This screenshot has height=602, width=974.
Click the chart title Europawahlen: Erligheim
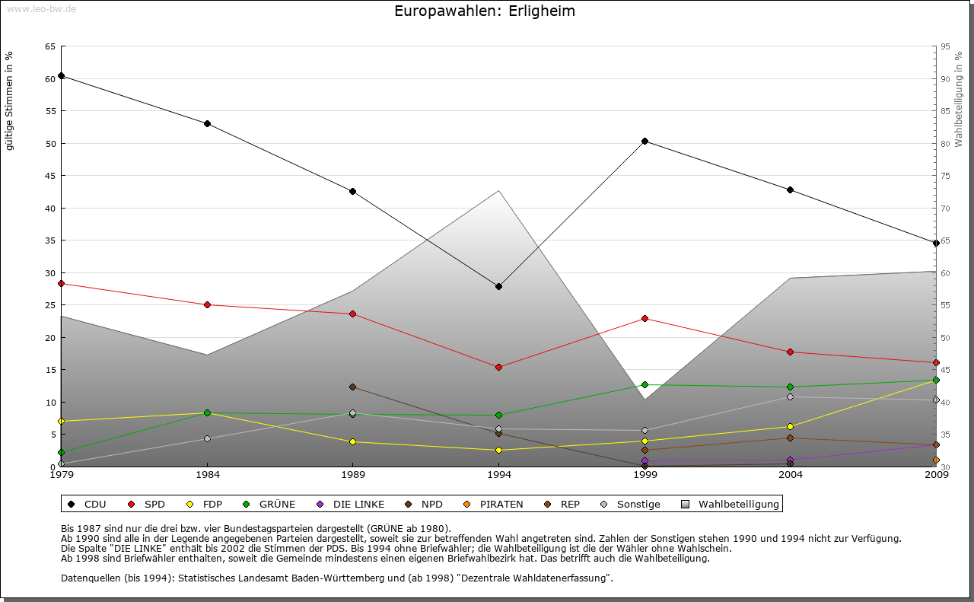pyautogui.click(x=485, y=11)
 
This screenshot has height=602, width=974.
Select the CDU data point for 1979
pyautogui.click(x=61, y=76)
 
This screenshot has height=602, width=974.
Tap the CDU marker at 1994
pyautogui.click(x=498, y=286)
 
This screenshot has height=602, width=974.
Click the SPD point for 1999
pyautogui.click(x=645, y=318)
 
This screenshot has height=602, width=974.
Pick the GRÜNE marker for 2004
pyautogui.click(x=791, y=387)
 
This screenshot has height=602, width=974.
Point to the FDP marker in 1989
pyautogui.click(x=352, y=441)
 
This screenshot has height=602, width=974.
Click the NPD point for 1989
pyautogui.click(x=352, y=387)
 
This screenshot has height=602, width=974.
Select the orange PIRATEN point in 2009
pyautogui.click(x=936, y=460)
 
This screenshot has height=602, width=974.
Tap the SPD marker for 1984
pyautogui.click(x=207, y=304)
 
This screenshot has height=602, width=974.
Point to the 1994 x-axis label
pyautogui.click(x=499, y=475)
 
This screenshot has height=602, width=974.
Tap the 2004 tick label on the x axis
pyautogui.click(x=791, y=475)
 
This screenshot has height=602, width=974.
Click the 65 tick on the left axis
pyautogui.click(x=49, y=46)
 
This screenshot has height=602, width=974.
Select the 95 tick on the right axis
pyautogui.click(x=945, y=46)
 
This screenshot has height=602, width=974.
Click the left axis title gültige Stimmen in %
pyautogui.click(x=10, y=100)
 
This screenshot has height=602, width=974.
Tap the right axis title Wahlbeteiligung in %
pyautogui.click(x=959, y=99)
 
